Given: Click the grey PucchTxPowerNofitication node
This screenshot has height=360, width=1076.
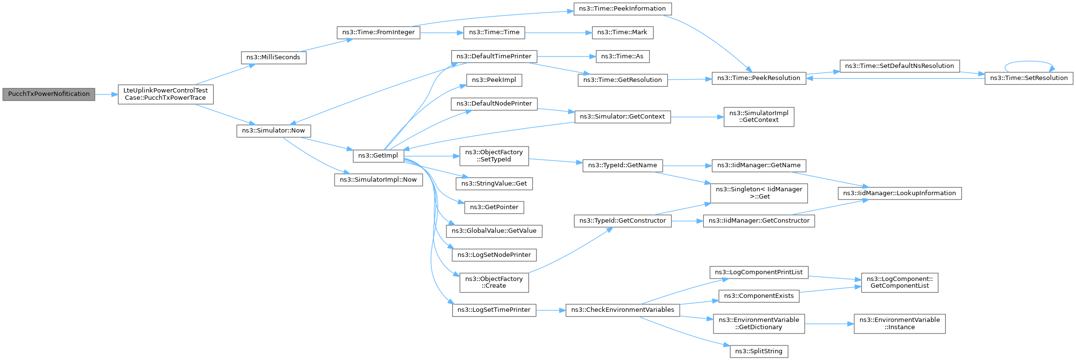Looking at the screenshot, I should coord(49,94).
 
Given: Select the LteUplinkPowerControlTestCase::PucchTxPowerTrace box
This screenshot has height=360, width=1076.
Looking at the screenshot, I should coord(165,94).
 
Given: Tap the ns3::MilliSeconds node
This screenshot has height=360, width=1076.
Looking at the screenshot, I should coord(273,57).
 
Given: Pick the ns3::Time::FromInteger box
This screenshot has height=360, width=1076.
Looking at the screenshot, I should coord(378,32).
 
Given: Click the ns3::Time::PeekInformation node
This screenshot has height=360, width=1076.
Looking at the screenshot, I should coord(622,9).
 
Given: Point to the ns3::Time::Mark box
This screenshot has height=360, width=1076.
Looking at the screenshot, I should coord(622,32).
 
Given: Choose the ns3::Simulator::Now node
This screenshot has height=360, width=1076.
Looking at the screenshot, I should coord(273,131).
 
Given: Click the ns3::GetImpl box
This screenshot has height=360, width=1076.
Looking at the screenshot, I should coord(378,156).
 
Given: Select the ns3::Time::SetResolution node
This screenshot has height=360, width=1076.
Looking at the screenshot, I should coord(1029,78).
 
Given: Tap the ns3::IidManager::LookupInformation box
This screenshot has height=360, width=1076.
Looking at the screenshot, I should coord(900,193).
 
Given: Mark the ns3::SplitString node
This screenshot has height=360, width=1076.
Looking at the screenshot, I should coord(759,351).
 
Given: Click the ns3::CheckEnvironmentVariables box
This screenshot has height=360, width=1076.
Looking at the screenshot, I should coord(622,310).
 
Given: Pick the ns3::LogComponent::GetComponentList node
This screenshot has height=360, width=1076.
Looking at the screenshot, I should coord(900,282).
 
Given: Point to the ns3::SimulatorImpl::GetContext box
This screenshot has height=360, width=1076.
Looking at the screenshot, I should coord(758,117).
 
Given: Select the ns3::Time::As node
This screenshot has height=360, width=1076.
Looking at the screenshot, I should coord(622,56).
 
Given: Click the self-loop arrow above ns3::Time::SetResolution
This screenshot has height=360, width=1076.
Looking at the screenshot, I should coord(1029,62).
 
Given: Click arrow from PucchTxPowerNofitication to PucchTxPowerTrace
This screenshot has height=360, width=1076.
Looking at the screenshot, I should coord(106,94).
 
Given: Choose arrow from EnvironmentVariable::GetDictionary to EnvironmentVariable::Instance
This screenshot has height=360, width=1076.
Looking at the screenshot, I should coord(829,324).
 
